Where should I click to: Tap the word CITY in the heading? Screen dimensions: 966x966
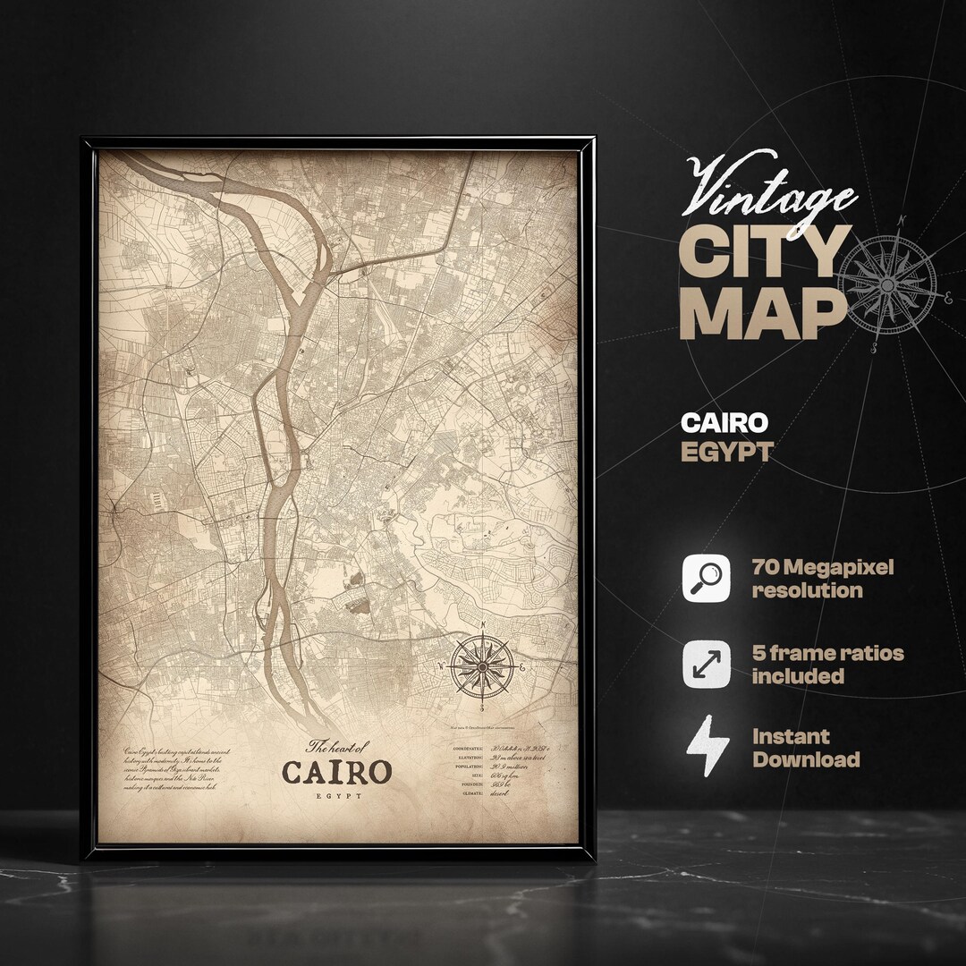click(764, 253)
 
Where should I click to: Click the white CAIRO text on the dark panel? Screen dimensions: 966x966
click(724, 422)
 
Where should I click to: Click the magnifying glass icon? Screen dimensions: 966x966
click(708, 578)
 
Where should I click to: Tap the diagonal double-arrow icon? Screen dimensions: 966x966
click(708, 664)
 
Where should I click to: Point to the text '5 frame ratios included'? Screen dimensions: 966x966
click(827, 664)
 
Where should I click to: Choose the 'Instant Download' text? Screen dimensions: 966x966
click(805, 749)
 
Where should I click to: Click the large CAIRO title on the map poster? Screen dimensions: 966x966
click(336, 771)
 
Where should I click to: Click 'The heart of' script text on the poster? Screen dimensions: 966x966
click(337, 746)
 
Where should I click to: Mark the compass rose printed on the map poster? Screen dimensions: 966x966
click(482, 667)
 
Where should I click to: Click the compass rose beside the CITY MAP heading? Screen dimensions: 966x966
click(887, 284)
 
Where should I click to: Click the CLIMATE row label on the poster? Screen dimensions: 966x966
click(472, 792)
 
